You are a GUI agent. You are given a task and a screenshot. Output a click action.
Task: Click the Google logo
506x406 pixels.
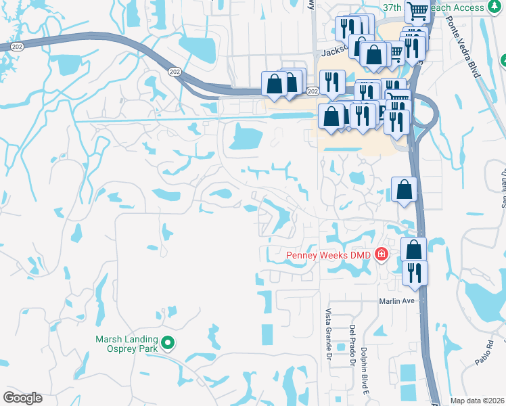pos(22,398)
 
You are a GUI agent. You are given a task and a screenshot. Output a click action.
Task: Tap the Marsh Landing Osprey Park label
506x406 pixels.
pos(127,344)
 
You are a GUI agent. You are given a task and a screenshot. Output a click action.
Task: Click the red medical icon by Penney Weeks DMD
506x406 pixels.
pos(382,254)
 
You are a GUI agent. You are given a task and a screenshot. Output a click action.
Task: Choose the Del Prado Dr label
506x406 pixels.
pos(352,346)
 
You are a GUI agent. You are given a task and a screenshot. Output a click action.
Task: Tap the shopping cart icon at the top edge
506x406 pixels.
pos(419,10)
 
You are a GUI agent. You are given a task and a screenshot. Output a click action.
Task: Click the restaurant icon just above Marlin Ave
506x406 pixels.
pos(415,271)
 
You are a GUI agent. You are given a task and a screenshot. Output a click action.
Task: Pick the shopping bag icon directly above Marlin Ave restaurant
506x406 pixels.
pos(413,248)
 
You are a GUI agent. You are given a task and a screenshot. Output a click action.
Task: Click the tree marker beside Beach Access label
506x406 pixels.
pos(501,61)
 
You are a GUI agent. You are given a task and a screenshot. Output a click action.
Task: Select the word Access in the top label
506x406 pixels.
pos(469,7)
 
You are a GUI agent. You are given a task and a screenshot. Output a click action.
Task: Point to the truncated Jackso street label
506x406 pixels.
pos(336,51)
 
